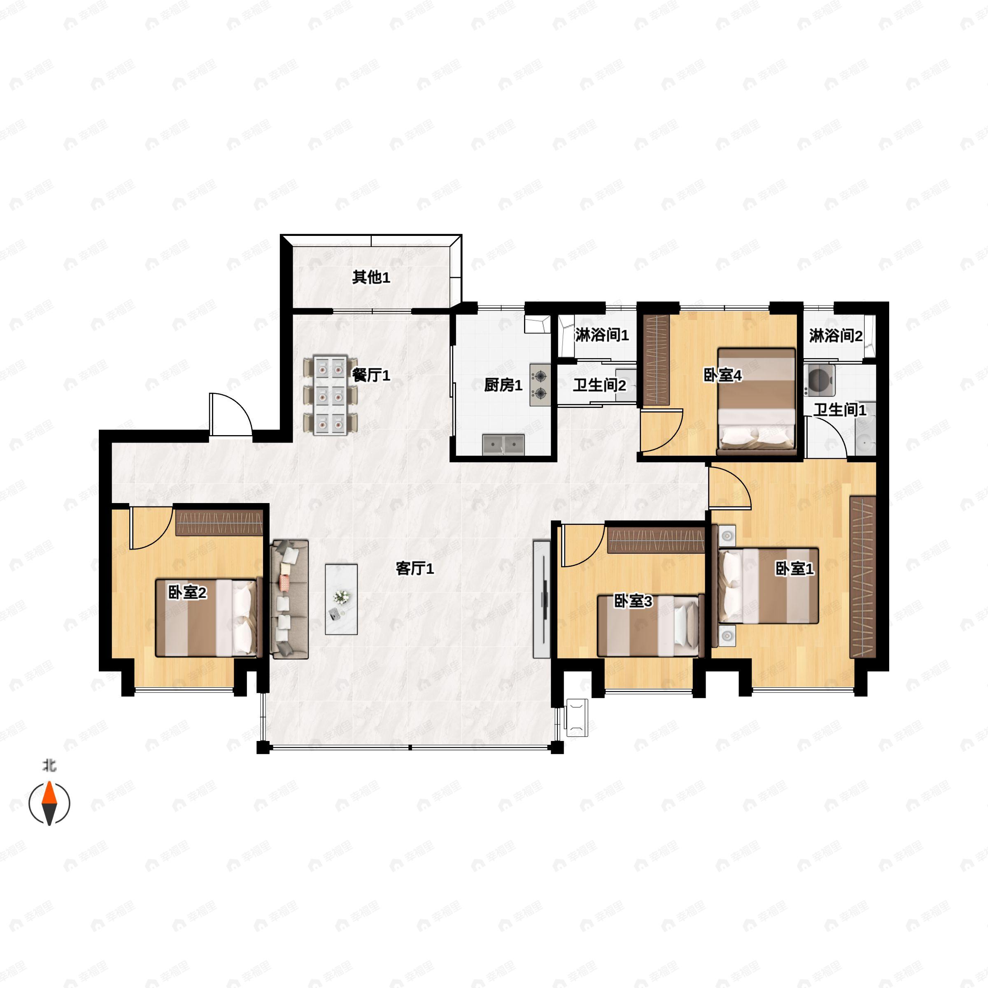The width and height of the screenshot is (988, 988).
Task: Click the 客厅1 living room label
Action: click(415, 568)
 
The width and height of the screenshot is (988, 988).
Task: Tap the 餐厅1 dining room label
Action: click(371, 375)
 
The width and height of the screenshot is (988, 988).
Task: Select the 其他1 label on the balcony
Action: click(371, 277)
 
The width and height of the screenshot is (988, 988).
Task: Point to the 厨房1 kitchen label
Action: click(503, 385)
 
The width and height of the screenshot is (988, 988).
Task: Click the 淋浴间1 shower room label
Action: click(602, 336)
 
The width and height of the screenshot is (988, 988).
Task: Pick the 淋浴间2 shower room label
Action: click(836, 336)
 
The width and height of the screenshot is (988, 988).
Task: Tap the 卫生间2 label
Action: click(599, 385)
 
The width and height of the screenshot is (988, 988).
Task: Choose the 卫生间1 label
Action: click(840, 410)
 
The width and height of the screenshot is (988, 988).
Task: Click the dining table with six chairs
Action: click(330, 395)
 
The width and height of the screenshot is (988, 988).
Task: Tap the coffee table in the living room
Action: click(341, 599)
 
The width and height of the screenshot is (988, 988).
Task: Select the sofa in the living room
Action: click(289, 599)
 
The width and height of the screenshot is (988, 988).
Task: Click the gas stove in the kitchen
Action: click(541, 384)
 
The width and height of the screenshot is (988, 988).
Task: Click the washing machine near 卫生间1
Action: click(819, 380)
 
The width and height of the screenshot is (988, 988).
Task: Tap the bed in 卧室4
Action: click(757, 401)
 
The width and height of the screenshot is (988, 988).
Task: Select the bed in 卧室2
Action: click(206, 618)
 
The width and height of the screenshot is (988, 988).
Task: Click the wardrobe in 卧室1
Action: click(863, 576)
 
